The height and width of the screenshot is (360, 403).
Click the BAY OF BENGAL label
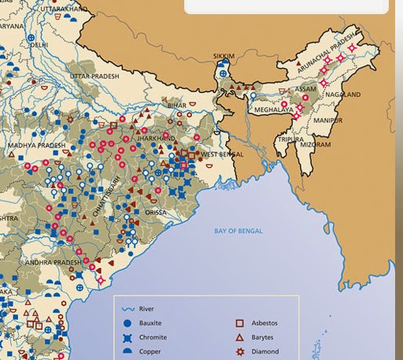pos(238,231)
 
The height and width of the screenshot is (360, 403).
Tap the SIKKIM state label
pos(224,56)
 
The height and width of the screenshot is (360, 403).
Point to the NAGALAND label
pos(342,95)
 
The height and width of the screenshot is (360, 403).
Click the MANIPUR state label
pos(327,121)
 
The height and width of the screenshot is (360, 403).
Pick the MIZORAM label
pos(316,145)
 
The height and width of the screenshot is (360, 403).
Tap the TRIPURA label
pos(290,139)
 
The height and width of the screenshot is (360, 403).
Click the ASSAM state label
pos(305,89)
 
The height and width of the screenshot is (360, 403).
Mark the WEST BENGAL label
pos(222,154)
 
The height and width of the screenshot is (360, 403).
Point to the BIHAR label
pos(177,106)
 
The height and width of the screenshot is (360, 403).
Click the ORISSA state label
pos(156,213)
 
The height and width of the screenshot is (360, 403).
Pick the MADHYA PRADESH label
pos(36,146)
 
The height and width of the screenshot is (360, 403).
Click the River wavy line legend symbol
pos(127,309)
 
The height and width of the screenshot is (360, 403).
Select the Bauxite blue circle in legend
pos(127,323)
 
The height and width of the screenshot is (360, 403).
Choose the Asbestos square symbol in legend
pos(240,323)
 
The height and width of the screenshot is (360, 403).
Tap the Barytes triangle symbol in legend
pos(240,337)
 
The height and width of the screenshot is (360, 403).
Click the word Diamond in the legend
pos(264,351)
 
